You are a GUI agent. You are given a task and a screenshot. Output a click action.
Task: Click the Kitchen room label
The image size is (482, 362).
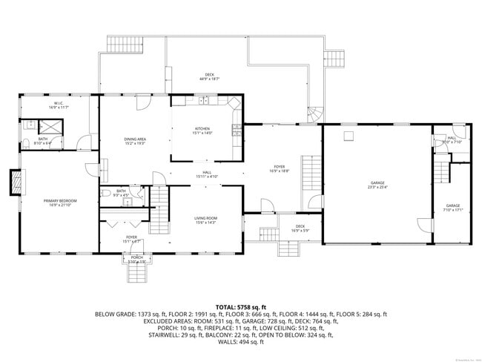pyautogui.click(x=202, y=131)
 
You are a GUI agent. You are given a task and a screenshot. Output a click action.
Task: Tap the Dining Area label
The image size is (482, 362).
pyautogui.click(x=134, y=141)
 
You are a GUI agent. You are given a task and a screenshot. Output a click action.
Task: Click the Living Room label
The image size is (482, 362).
pyautogui.click(x=205, y=220)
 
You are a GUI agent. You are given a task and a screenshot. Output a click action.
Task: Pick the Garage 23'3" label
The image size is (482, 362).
pyautogui.click(x=377, y=185)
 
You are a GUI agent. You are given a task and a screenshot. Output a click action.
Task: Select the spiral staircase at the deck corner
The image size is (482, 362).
pyautogui.click(x=316, y=114)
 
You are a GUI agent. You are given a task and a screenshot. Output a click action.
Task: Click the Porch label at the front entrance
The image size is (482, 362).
pyautogui.click(x=137, y=259)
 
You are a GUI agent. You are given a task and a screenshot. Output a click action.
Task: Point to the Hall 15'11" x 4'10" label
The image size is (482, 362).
pyautogui.click(x=207, y=174)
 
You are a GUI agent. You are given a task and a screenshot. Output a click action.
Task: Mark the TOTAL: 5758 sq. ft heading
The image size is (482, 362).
pyautogui.click(x=241, y=306)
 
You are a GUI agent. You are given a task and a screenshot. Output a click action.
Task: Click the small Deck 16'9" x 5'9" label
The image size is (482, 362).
pyautogui.click(x=300, y=228)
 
